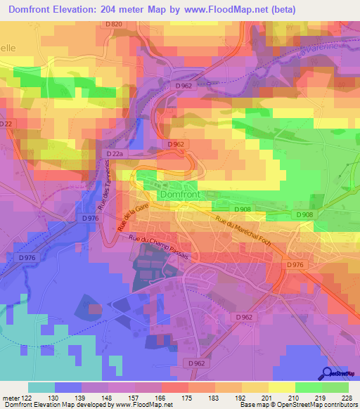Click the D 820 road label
(113, 25)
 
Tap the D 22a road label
(115, 152)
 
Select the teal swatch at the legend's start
(41, 387)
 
